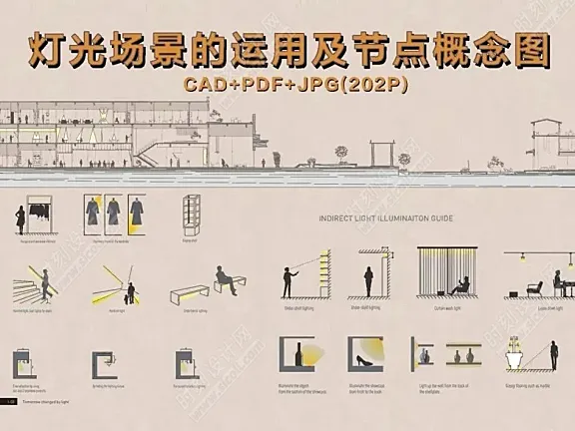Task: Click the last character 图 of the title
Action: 528,48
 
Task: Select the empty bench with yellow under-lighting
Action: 189,297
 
